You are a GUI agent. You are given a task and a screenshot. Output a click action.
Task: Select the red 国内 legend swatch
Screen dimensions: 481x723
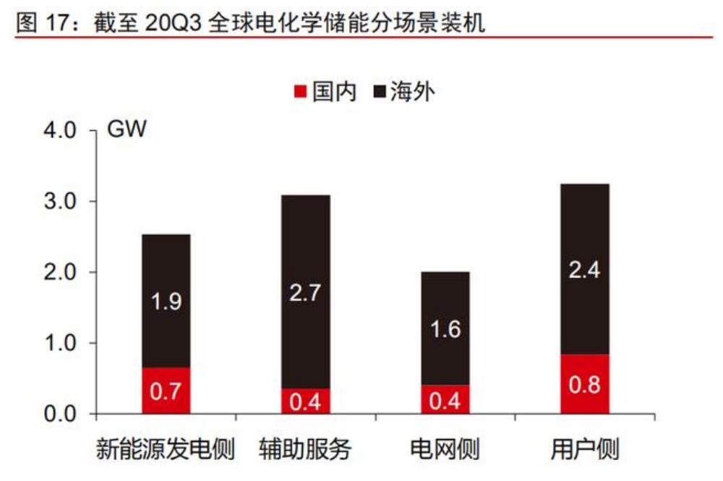pos(301,93)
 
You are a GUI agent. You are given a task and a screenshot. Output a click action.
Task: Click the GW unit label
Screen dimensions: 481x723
pos(127,131)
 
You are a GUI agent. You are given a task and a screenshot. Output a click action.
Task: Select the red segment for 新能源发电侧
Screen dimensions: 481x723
pos(166,391)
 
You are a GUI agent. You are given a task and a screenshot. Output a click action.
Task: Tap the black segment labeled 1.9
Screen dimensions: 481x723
pos(166,300)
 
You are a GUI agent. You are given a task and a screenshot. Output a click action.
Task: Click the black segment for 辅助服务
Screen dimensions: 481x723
pos(306,291)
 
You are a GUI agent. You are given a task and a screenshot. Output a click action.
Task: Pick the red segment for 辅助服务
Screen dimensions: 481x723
pos(306,401)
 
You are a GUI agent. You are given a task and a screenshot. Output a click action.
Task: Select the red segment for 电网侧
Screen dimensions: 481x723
pos(445,399)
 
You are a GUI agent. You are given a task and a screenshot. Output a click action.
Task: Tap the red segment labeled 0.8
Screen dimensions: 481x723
pos(585,384)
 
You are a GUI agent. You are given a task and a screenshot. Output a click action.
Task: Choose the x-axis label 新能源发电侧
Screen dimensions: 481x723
pos(166,450)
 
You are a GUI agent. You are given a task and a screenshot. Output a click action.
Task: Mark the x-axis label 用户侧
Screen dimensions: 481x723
pos(585,450)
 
